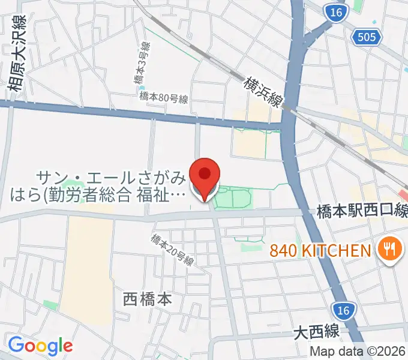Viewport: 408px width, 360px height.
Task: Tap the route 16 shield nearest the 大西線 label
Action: point(343,310)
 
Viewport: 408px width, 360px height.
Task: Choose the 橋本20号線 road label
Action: point(173,250)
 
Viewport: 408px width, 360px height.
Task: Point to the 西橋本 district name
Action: point(147,298)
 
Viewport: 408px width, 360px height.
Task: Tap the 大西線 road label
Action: point(317,331)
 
